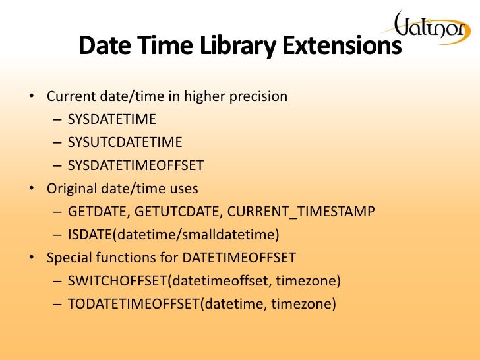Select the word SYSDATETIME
(x=111, y=119)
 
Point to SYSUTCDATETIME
(x=125, y=142)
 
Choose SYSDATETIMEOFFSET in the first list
(x=136, y=165)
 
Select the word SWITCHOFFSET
(x=117, y=281)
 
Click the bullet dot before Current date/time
(x=31, y=97)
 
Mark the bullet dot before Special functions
(x=31, y=258)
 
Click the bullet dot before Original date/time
(x=31, y=189)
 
